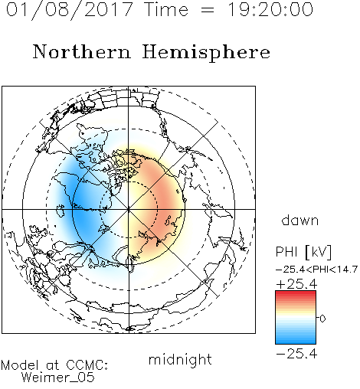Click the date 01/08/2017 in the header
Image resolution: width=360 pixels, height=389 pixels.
click(70, 10)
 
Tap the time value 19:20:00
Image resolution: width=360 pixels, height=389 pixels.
click(270, 9)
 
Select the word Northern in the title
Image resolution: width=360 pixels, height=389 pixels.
click(82, 52)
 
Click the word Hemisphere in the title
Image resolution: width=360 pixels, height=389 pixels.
click(206, 53)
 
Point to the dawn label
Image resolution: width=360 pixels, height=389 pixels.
click(300, 220)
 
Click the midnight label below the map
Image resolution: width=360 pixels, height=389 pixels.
click(180, 359)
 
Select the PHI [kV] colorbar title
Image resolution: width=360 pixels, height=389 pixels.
click(303, 252)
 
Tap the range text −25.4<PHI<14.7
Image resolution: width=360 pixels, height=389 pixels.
click(316, 270)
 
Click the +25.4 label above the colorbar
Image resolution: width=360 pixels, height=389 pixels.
click(296, 284)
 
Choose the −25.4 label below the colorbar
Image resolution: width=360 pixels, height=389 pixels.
click(296, 354)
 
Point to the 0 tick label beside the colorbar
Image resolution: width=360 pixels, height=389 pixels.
click(322, 319)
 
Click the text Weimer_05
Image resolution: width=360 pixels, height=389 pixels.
click(57, 378)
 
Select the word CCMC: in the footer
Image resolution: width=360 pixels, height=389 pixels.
click(87, 365)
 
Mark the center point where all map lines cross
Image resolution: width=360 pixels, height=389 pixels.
click(129, 209)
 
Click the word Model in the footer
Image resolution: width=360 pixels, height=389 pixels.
click(20, 365)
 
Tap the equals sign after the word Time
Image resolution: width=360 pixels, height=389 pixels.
click(208, 10)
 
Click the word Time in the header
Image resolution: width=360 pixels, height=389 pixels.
click(166, 9)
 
